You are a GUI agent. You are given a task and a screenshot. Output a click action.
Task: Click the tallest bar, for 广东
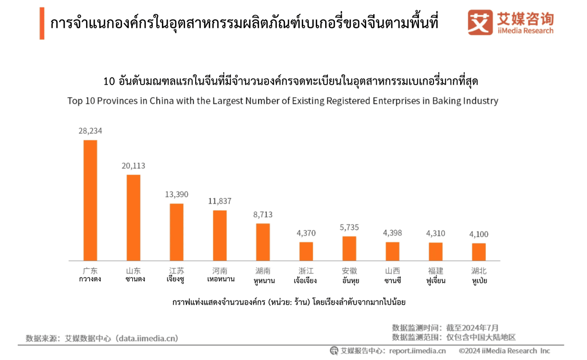[x=90, y=200]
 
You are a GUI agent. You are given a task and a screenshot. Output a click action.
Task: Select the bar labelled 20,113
[x=134, y=217]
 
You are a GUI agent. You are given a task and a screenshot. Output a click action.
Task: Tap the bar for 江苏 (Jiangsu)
[x=177, y=232]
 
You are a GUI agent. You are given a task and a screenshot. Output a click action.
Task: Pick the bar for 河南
[x=220, y=235]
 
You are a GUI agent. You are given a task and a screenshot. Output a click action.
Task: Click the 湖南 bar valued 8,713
[x=263, y=242]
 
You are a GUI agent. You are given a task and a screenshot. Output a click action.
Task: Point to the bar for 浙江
[x=306, y=251]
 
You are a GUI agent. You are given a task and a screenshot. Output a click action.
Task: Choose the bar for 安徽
[x=349, y=248]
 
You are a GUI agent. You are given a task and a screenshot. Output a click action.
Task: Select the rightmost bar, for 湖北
[x=479, y=251]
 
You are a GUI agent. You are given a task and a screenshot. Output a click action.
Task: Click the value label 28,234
[x=90, y=131]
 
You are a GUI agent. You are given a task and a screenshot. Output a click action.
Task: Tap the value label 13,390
[x=177, y=195]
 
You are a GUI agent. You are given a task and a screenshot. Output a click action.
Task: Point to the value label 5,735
[x=349, y=227]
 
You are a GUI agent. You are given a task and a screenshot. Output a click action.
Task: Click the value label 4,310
[x=435, y=233]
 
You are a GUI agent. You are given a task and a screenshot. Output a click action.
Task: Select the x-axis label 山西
[x=392, y=270]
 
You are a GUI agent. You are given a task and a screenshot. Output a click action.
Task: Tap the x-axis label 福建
[x=435, y=270]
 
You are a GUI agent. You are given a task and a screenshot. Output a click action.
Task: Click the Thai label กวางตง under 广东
[x=90, y=280]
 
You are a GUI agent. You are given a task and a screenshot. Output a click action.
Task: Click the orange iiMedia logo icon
[x=480, y=23]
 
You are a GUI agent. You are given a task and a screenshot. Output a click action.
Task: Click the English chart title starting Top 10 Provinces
[x=283, y=101]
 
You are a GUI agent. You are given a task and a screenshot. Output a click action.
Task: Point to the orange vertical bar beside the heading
[x=42, y=23]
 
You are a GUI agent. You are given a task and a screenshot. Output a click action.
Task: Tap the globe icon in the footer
[x=334, y=351]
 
